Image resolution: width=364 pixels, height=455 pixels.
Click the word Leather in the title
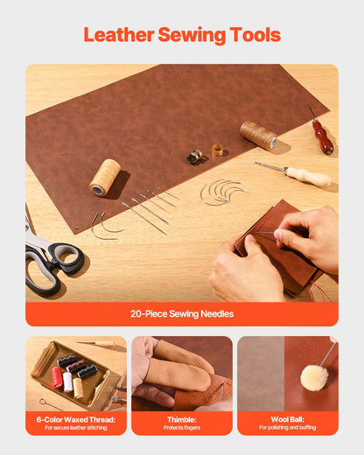(118, 35)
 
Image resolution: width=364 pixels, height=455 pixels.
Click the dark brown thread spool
(258, 134)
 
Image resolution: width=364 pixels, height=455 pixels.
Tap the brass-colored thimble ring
(218, 150)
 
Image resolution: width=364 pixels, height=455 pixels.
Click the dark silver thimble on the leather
(195, 156)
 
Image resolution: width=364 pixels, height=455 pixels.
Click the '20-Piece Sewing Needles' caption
(181, 313)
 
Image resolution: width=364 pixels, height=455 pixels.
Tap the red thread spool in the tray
(57, 376)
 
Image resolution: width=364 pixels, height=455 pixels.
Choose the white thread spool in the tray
(68, 381)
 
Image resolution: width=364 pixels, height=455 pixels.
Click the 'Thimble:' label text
(181, 419)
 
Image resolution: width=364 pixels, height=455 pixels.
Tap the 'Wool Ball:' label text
(287, 419)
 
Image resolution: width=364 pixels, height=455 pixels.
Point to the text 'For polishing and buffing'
(287, 428)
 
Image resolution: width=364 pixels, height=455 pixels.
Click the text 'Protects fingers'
(181, 428)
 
